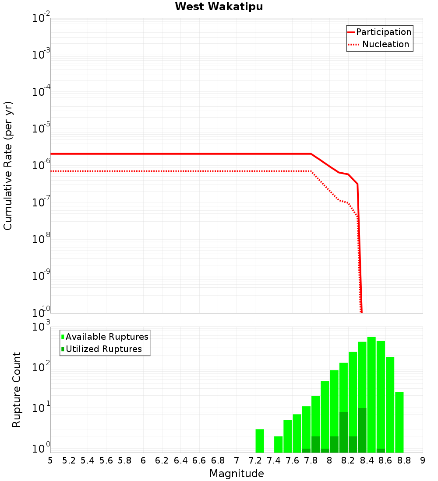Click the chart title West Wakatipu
point(219,7)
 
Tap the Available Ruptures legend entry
point(105,337)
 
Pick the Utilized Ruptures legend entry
point(102,349)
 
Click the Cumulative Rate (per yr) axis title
point(8,165)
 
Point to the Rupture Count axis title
point(17,390)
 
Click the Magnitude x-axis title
point(237,474)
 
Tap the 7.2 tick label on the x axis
point(255,460)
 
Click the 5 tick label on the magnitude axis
point(50,460)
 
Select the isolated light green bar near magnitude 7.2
point(260,441)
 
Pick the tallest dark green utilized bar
point(362,430)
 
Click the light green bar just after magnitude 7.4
point(279,444)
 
